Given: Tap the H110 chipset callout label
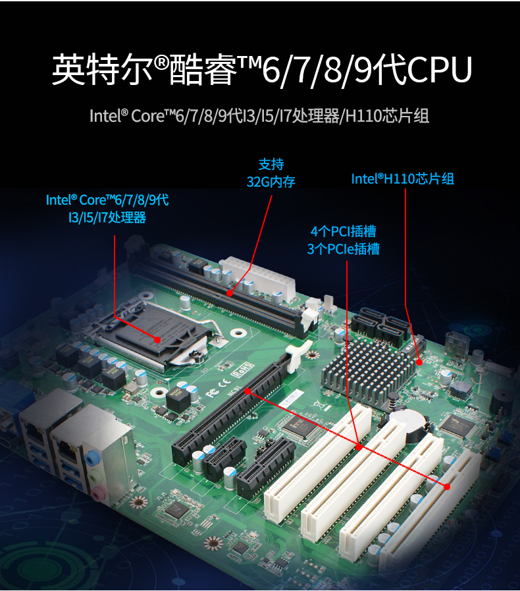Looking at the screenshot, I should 402,179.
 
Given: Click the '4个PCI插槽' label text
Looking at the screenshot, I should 343,232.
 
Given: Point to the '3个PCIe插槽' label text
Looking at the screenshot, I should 343,249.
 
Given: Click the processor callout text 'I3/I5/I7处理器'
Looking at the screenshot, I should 107,217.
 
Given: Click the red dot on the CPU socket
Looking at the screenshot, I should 158,339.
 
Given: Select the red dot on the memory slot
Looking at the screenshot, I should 229,293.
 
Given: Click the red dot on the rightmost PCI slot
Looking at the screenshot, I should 448,487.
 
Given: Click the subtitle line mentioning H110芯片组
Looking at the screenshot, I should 259,117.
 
